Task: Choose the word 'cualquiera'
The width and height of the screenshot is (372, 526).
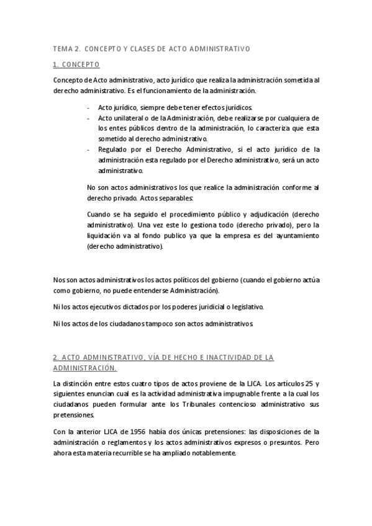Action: point(300,118)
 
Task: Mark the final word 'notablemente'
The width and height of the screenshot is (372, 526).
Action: point(215,453)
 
